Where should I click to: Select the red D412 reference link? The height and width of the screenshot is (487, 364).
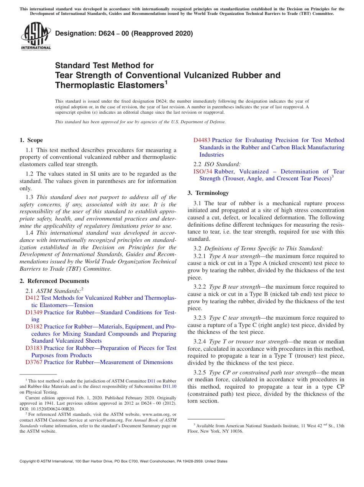point(32,298)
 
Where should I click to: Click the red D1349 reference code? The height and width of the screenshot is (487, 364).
point(34,312)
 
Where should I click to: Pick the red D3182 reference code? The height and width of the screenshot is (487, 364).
point(34,327)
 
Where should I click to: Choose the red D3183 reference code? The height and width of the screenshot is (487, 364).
point(34,348)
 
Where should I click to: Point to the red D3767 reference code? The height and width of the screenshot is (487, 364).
point(34,362)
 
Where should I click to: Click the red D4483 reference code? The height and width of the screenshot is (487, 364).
point(202,140)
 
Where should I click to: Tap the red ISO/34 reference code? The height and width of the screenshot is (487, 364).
point(203,172)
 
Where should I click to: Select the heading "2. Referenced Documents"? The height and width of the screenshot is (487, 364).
point(54,281)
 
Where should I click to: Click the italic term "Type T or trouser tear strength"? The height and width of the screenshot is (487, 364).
point(248,342)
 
